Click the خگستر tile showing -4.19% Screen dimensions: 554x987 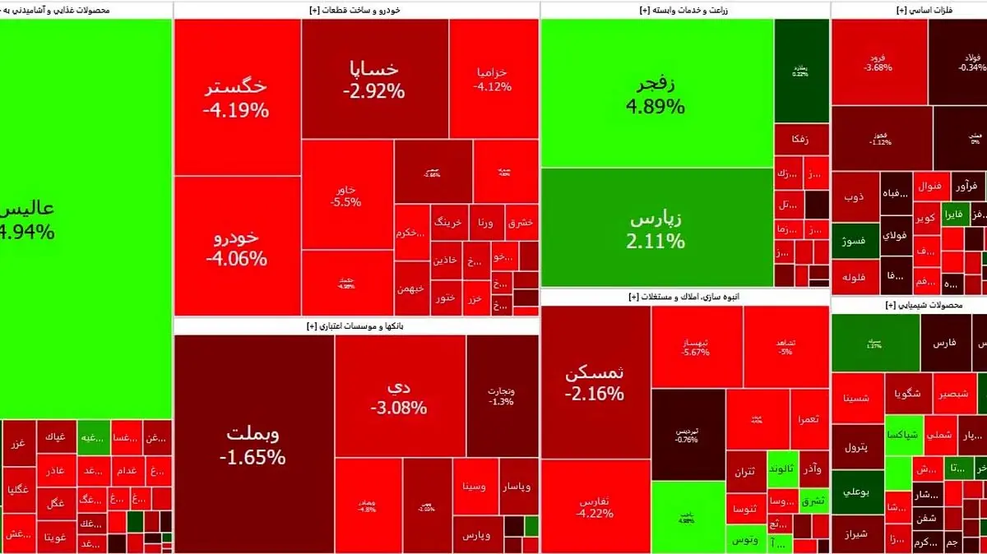(x=237, y=97)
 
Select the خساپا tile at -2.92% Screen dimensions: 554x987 (x=374, y=80)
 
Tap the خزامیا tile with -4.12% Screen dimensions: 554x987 (x=493, y=78)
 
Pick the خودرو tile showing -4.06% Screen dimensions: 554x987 (x=237, y=247)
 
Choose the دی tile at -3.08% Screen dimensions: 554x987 (x=399, y=395)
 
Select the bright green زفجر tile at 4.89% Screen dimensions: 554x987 (x=656, y=94)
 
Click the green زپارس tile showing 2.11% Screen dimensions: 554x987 (x=656, y=230)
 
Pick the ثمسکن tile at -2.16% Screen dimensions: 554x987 (x=595, y=382)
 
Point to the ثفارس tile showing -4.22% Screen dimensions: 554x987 (x=595, y=506)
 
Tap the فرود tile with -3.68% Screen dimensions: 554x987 (x=878, y=62)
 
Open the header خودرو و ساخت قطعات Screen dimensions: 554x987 (x=357, y=10)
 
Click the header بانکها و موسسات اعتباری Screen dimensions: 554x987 (x=357, y=326)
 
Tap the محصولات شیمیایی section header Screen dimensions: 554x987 (x=909, y=305)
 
